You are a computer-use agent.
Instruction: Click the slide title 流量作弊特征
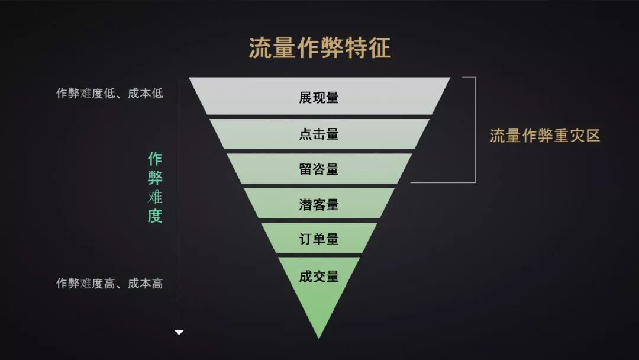point(319,48)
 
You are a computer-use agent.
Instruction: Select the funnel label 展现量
point(319,98)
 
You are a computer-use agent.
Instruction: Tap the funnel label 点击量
point(319,134)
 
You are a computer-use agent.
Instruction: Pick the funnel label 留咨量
point(319,169)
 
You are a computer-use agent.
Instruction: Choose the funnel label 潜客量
point(319,205)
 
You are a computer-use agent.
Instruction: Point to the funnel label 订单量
point(319,239)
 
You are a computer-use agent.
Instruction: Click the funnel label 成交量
point(319,277)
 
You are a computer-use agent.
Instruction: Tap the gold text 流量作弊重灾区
point(545,136)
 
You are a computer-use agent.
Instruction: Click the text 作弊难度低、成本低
point(109,93)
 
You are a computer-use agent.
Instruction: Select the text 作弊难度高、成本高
point(109,283)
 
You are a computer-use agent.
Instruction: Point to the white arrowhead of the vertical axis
point(179,332)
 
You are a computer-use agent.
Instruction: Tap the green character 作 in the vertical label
point(155,159)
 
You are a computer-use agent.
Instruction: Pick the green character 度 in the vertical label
point(155,216)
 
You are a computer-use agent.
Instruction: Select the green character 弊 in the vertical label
point(155,178)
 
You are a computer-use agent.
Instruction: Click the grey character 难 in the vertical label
point(155,197)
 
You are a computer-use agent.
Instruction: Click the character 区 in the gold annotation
point(593,136)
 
